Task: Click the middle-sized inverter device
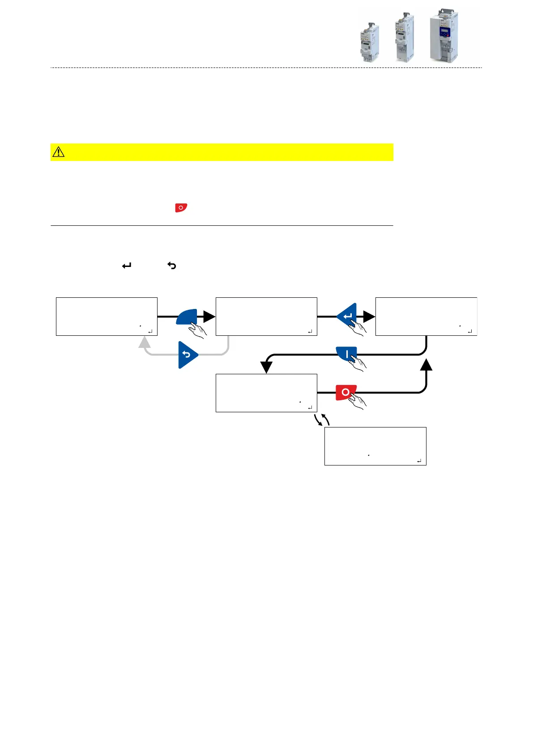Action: click(x=405, y=38)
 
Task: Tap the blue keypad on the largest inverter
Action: click(x=444, y=33)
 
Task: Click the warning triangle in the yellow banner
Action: click(x=59, y=152)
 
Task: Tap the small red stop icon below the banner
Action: click(x=181, y=207)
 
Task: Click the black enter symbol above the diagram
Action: click(x=127, y=266)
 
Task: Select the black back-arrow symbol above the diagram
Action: click(x=172, y=266)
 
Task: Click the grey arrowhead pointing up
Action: click(x=144, y=343)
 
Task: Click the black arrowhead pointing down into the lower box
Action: click(x=266, y=367)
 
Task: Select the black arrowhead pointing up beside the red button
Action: click(x=426, y=364)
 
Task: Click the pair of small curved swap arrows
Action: click(x=322, y=419)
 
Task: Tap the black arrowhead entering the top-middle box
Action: click(x=209, y=317)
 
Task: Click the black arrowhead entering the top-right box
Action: click(x=369, y=317)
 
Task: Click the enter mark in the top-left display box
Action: click(x=150, y=331)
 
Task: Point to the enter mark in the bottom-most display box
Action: click(x=419, y=461)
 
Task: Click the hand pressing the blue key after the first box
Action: click(x=198, y=330)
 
